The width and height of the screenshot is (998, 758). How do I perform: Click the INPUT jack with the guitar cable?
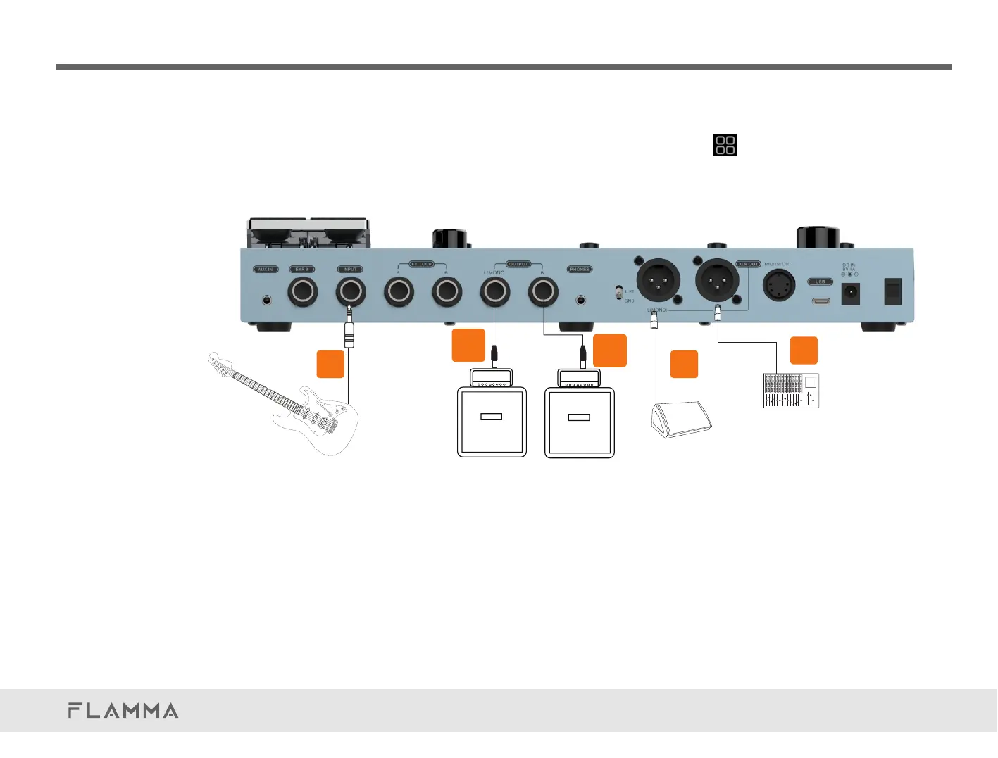[x=350, y=291]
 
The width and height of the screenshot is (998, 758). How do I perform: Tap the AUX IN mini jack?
[x=266, y=300]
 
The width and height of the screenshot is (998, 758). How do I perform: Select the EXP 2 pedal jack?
[x=303, y=291]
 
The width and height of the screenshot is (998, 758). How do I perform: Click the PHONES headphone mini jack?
[x=580, y=300]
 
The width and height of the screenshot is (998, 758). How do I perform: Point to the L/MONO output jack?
[x=494, y=291]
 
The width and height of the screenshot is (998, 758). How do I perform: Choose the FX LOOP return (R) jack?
[x=447, y=291]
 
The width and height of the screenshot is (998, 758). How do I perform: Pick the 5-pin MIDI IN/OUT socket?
[x=779, y=286]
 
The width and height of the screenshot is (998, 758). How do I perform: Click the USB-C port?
[x=821, y=301]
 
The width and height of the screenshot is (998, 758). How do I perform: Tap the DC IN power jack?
[x=850, y=293]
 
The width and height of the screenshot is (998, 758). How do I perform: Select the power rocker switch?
[x=892, y=291]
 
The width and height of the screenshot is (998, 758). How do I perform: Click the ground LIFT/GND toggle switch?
[x=618, y=291]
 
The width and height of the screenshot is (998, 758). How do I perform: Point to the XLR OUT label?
[x=749, y=264]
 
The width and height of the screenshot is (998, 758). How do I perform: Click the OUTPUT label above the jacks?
[x=518, y=264]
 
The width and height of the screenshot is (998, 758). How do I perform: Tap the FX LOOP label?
[x=421, y=264]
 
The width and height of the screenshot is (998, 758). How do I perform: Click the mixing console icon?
[x=791, y=391]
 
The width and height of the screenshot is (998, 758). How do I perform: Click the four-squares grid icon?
[x=725, y=145]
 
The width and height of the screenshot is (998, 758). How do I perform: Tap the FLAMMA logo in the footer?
[x=123, y=710]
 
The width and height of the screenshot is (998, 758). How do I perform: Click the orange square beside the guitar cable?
[x=330, y=364]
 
